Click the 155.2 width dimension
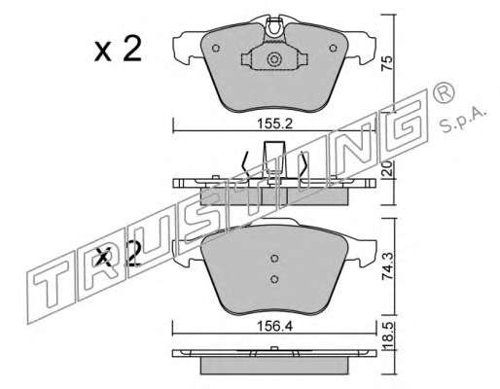coord(274,124)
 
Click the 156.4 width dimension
coord(274,326)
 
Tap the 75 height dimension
coord(387,63)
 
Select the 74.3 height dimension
coord(387,266)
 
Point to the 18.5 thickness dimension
coord(387,336)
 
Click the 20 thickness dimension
coord(387,169)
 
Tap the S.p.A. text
coord(463,120)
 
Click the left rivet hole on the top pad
coord(216,49)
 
